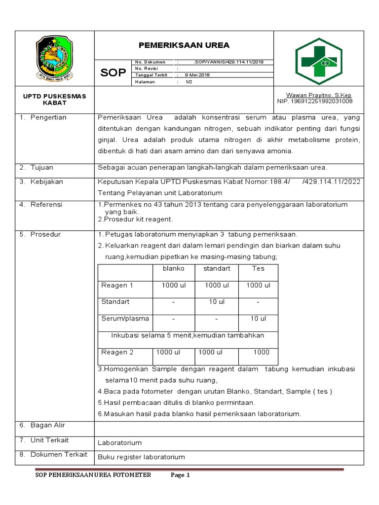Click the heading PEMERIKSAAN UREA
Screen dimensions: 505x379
pyautogui.click(x=184, y=45)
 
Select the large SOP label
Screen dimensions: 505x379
pyautogui.click(x=113, y=73)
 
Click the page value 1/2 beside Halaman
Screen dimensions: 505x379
pyautogui.click(x=189, y=82)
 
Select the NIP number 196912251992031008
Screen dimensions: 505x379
pyautogui.click(x=315, y=101)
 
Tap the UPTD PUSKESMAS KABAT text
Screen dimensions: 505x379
pyautogui.click(x=54, y=100)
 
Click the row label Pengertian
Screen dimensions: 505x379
pyautogui.click(x=48, y=118)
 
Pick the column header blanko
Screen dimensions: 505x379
pyautogui.click(x=174, y=268)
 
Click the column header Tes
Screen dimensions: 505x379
pyautogui.click(x=258, y=268)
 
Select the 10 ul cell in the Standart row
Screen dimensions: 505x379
pyautogui.click(x=217, y=302)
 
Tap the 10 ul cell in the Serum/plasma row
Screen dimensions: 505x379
pyautogui.click(x=258, y=319)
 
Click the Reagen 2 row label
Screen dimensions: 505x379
pyautogui.click(x=117, y=352)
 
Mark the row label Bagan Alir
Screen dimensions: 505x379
pyautogui.click(x=47, y=425)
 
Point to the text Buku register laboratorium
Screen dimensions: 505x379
pyautogui.click(x=141, y=457)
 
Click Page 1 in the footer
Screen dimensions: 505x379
pyautogui.click(x=180, y=475)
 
